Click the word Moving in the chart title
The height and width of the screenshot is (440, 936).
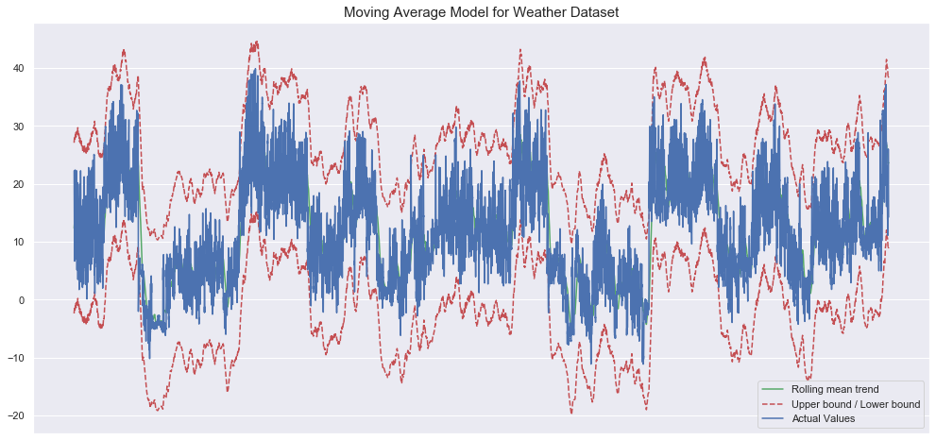[370, 12]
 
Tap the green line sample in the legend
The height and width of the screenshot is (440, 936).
[774, 389]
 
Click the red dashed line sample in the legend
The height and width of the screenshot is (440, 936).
[774, 403]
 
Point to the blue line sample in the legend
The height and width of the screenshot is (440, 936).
[774, 418]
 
